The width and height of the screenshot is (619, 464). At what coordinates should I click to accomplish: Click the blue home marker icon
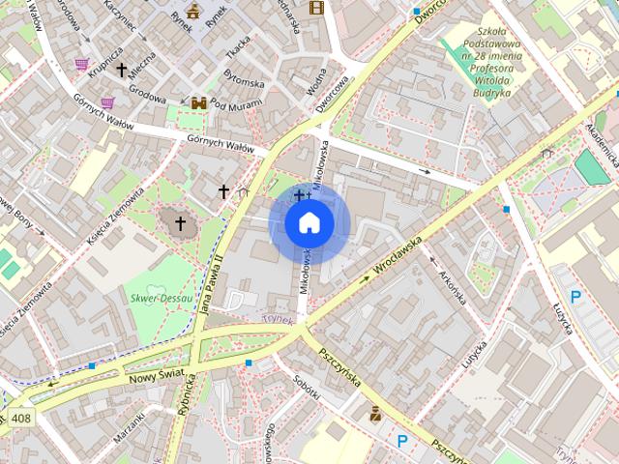tap(309, 223)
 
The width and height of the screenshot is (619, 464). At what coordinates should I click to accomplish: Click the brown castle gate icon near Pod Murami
tap(198, 102)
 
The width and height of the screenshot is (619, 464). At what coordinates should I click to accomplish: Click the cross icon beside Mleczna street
tap(122, 70)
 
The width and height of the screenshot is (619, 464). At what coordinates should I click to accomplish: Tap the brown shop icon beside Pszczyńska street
tap(375, 414)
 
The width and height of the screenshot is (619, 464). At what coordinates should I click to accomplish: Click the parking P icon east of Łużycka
tap(575, 298)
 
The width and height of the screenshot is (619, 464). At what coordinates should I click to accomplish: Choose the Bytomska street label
tap(244, 77)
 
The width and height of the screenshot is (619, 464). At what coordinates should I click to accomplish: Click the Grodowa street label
tap(148, 98)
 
